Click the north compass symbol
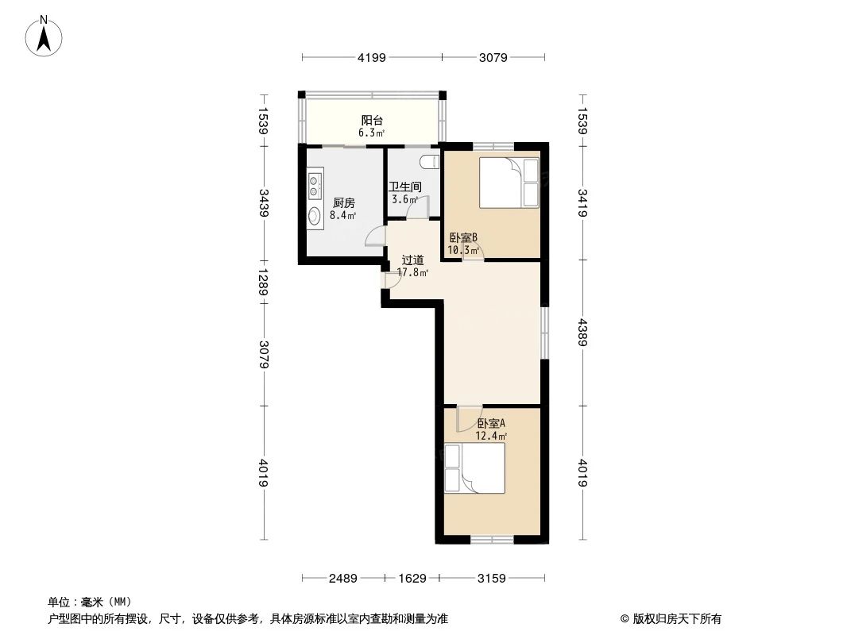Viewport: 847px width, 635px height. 46,35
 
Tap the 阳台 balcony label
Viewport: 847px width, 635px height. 372,121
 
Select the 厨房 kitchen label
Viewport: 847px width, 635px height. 343,202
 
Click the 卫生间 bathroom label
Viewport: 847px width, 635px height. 404,187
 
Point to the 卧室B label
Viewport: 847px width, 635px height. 462,237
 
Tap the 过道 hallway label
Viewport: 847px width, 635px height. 412,260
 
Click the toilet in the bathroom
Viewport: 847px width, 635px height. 430,161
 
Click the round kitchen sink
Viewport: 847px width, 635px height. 315,215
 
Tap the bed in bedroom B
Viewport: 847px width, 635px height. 505,182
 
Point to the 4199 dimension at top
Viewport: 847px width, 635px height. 371,57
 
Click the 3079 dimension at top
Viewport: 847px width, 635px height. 493,57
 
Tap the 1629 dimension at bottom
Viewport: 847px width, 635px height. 412,578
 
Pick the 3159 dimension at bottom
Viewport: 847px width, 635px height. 492,578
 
